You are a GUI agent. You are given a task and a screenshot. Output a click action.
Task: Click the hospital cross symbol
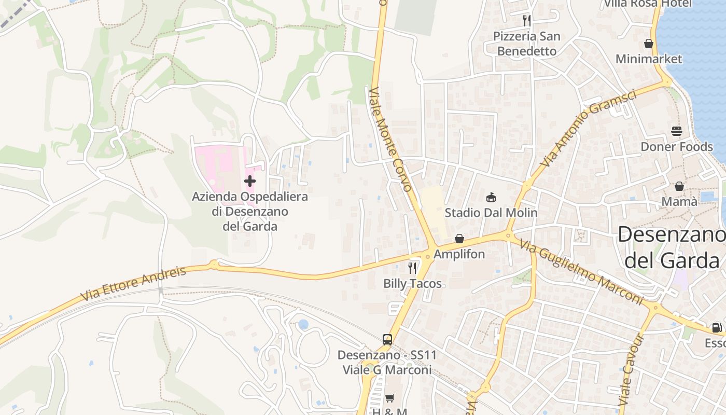point(250,181)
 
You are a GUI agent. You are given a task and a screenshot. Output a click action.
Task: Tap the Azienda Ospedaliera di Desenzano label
point(250,212)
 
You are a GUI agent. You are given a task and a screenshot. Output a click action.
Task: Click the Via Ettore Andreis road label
point(133,284)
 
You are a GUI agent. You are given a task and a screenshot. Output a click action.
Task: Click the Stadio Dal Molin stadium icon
point(491,197)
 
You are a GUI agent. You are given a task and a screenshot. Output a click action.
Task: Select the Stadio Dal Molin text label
point(491,213)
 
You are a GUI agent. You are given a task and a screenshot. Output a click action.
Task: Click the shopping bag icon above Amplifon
point(459,239)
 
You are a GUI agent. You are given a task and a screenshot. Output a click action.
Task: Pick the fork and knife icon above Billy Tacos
point(412,268)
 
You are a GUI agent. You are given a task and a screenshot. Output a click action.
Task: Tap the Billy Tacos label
point(412,283)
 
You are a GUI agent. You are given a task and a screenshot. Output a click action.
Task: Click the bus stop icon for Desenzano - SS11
point(387,339)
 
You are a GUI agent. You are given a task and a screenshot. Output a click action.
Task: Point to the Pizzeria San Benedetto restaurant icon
point(527,21)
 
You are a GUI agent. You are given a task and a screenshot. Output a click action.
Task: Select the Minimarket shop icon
point(648,44)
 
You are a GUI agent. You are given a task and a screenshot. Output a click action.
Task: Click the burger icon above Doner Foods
point(676,131)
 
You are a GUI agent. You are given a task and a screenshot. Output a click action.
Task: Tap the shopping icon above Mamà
point(679,186)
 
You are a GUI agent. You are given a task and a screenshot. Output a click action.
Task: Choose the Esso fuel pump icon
point(716,328)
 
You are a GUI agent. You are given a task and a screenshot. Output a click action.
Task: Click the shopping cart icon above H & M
point(389,398)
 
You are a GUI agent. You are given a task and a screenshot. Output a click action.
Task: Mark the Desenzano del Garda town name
point(672,247)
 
